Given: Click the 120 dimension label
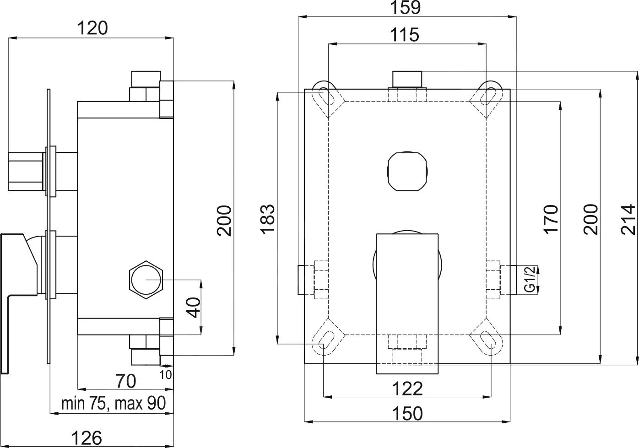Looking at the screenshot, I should tap(92, 28).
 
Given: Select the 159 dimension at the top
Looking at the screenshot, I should tap(407, 8).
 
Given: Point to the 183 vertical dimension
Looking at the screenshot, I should tap(268, 218).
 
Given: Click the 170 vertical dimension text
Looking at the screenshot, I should tap(551, 219).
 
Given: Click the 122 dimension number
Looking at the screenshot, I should tap(407, 389).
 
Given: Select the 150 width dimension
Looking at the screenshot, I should tap(407, 413).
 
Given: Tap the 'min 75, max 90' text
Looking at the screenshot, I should tap(113, 404).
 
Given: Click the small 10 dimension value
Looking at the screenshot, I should tap(166, 375).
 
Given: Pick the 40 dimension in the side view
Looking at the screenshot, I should tap(194, 307).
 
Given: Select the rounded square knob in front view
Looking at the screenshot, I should tap(407, 171).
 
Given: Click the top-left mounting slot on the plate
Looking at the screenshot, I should tap(328, 96).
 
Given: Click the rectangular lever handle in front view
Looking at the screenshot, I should tap(407, 302).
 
